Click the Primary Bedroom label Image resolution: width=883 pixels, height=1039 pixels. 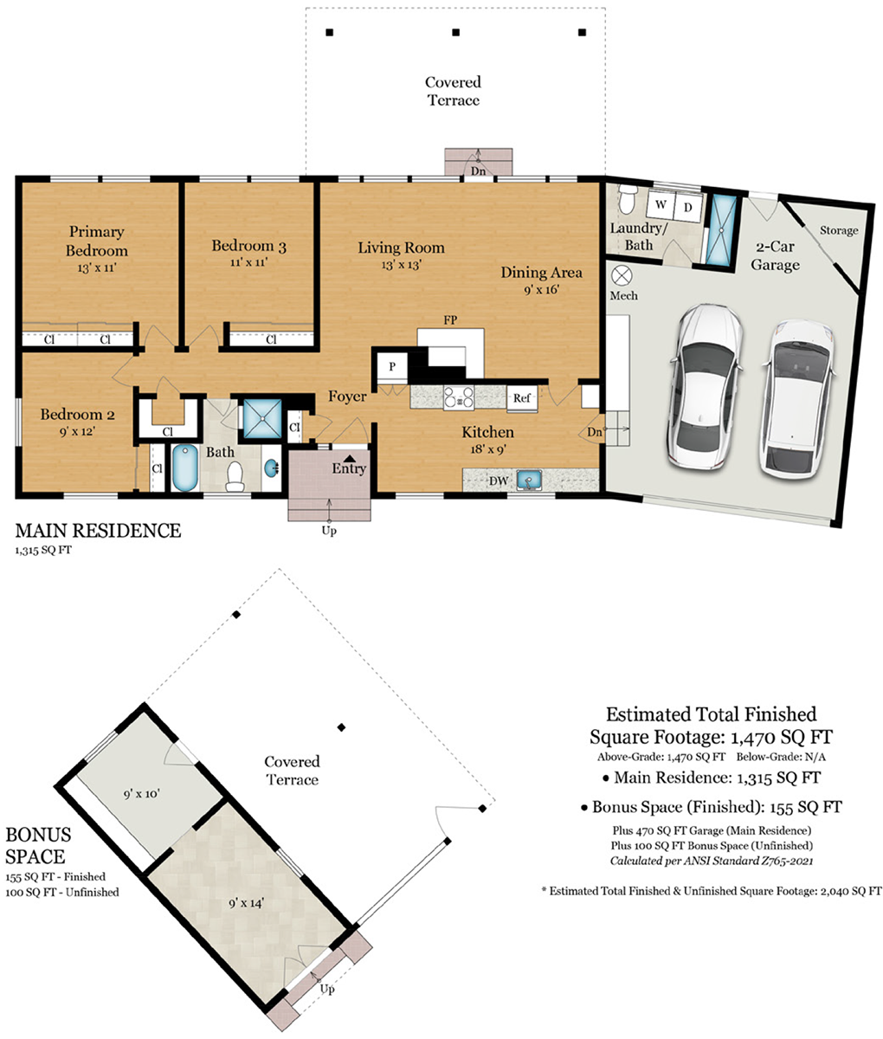(x=96, y=241)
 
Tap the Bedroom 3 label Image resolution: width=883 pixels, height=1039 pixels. (x=248, y=246)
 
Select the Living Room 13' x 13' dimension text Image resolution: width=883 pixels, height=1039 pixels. (x=401, y=264)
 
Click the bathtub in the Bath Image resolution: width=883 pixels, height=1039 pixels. (x=185, y=468)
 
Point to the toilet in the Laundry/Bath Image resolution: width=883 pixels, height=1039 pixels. (x=626, y=199)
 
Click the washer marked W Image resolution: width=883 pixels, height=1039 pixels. (x=660, y=204)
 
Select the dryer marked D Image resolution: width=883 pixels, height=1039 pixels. (x=687, y=207)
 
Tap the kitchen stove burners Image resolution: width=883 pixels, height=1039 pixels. (x=458, y=397)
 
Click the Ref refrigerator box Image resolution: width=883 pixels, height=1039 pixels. (x=522, y=398)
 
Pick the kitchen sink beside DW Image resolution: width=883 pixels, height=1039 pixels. (x=529, y=480)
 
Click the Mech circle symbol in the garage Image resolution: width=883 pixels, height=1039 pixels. (x=622, y=275)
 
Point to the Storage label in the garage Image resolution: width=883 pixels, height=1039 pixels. (x=839, y=230)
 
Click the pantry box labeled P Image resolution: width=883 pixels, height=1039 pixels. (x=392, y=366)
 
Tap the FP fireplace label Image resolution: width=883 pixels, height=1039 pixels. (x=450, y=320)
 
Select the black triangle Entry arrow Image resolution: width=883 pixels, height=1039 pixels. (x=350, y=458)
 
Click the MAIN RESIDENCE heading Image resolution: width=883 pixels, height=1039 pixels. (x=98, y=531)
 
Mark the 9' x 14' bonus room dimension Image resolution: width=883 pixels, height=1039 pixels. (x=246, y=903)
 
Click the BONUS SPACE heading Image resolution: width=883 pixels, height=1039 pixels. (x=39, y=845)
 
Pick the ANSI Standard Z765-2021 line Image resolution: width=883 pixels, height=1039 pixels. (x=711, y=861)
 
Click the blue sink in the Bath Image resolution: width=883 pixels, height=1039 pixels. (x=271, y=468)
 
